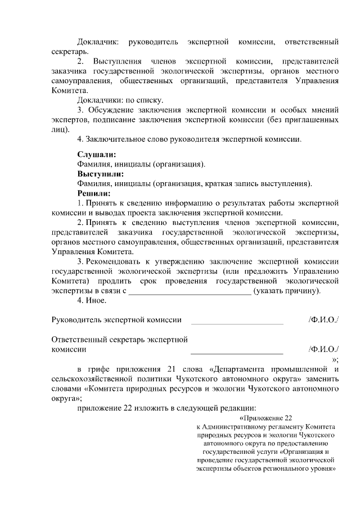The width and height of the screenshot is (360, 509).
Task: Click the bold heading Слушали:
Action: [x=97, y=154]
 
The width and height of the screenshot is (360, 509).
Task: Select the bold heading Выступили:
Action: [x=100, y=174]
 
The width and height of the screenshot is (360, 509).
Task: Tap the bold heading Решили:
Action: [x=95, y=193]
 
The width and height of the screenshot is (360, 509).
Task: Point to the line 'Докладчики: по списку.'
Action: [x=116, y=100]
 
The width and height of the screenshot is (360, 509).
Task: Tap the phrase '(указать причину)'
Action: [x=287, y=290]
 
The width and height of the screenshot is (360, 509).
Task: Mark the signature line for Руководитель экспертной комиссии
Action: [x=237, y=323]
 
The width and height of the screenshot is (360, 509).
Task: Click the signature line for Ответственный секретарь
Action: [x=237, y=352]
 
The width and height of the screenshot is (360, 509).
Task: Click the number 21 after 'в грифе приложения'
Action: [x=172, y=369]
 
